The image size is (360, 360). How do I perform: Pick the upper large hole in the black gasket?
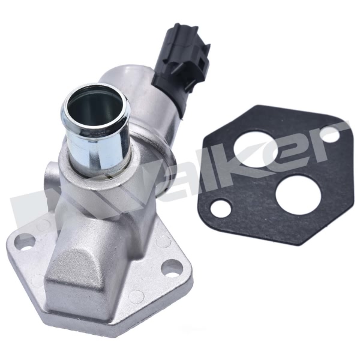[x=256, y=149]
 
